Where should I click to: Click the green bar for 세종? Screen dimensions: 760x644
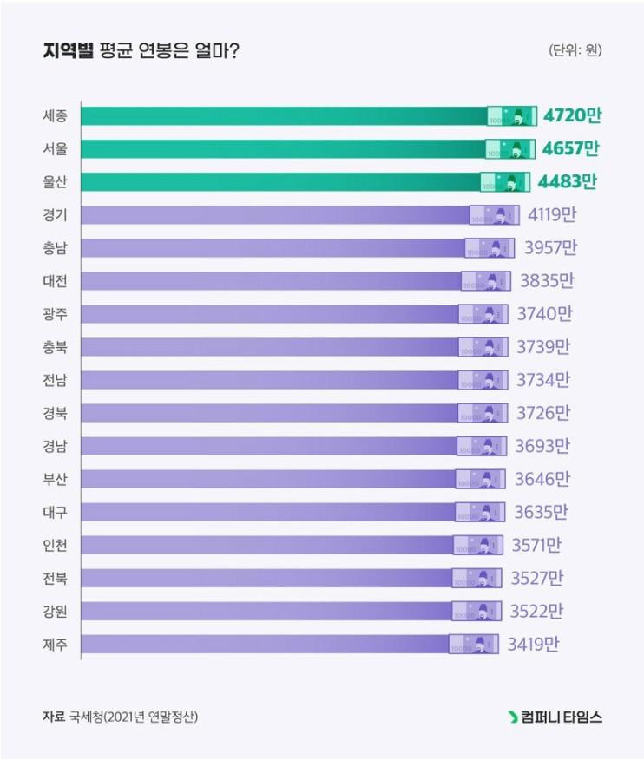coord(286,116)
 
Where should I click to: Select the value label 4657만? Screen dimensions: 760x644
coord(570,149)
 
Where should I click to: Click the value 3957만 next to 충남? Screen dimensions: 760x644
coord(550,248)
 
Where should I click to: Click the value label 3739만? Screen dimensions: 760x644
coord(543,347)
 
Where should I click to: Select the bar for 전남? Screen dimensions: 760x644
coord(269,380)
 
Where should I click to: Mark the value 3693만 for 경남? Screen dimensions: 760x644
coord(542,446)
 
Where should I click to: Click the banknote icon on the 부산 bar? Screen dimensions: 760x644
coord(480,479)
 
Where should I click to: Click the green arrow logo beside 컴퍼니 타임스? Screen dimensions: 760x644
coord(513,717)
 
